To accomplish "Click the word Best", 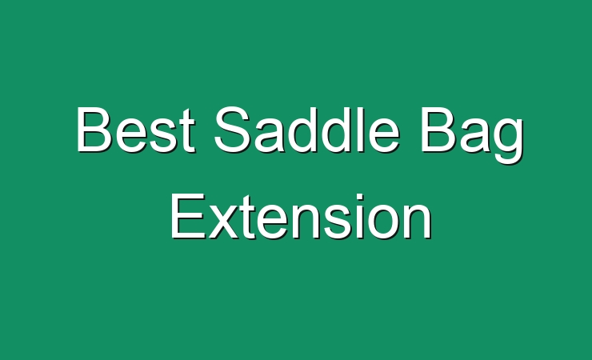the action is click(136, 130).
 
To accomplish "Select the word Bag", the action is click(472, 135).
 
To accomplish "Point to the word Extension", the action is click(301, 216).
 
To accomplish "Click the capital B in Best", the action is click(94, 130).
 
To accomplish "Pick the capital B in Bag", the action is click(438, 130).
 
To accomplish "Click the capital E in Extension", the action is click(188, 216).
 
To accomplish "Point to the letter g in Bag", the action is click(509, 141).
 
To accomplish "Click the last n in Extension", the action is click(417, 222).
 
